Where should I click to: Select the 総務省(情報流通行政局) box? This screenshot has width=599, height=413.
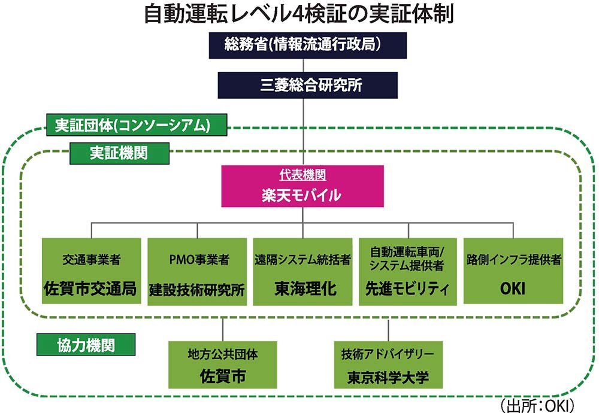click(307, 45)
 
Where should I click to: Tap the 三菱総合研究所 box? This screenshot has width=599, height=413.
click(307, 85)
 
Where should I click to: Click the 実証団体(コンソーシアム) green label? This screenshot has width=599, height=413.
click(137, 125)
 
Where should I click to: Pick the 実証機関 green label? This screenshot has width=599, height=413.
click(119, 153)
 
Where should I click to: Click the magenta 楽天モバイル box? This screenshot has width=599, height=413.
click(302, 186)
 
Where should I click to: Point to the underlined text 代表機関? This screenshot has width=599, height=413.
click(302, 175)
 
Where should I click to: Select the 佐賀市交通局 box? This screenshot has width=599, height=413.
click(91, 271)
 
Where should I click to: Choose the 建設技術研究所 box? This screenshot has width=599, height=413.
click(197, 271)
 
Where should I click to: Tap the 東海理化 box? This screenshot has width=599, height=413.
click(302, 271)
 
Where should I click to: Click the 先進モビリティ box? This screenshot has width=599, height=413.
click(407, 271)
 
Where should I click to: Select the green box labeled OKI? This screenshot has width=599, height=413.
click(513, 271)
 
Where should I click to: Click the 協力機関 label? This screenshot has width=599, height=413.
click(86, 345)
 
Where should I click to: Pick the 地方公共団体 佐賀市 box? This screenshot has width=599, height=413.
click(223, 365)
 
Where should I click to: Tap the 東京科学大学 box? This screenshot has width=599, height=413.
click(388, 365)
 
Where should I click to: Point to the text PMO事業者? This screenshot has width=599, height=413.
click(199, 260)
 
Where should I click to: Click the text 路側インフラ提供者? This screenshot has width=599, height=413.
click(514, 260)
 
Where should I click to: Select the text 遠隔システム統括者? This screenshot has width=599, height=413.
click(302, 260)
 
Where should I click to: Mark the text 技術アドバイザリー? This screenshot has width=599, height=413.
click(388, 354)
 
